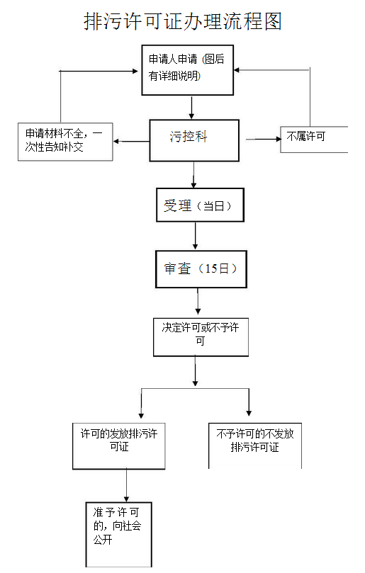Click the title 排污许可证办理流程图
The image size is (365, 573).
183,21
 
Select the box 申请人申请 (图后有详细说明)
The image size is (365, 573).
187,70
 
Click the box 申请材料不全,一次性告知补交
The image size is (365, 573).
64,141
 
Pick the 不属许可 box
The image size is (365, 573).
314,139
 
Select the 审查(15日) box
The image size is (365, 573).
201,269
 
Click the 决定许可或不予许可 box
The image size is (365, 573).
201,336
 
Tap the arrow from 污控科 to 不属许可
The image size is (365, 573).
263,139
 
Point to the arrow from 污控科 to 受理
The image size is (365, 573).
194,174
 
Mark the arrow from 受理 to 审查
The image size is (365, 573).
196,237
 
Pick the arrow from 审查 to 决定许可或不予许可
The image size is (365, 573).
198,302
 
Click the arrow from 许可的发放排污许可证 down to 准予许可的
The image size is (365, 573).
127,486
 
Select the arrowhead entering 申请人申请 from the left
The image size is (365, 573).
135,70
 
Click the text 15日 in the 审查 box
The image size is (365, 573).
215,269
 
